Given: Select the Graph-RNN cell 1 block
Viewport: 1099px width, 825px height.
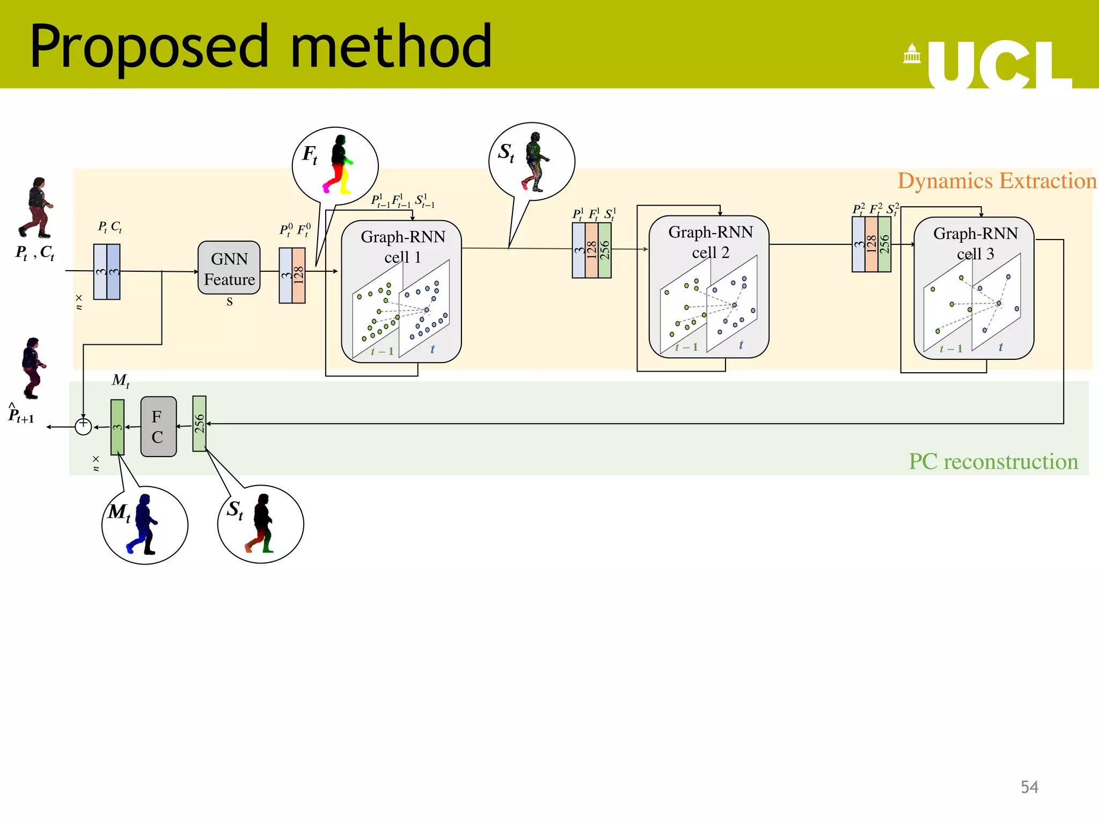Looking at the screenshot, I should pyautogui.click(x=401, y=291).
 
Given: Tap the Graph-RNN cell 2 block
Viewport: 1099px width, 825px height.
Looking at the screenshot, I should pyautogui.click(x=709, y=286).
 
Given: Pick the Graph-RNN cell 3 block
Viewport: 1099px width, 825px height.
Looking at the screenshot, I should pyautogui.click(x=974, y=288).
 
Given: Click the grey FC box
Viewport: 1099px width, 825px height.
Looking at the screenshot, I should pyautogui.click(x=158, y=426).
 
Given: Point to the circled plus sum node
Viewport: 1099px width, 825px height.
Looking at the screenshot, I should pyautogui.click(x=83, y=426).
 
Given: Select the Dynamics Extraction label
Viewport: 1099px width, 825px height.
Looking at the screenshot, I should pyautogui.click(x=997, y=181).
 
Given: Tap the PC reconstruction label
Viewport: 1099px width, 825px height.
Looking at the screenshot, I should pyautogui.click(x=993, y=461).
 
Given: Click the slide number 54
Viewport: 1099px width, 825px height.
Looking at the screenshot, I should pyautogui.click(x=1029, y=787).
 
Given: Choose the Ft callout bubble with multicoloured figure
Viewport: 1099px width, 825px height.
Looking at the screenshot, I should pyautogui.click(x=335, y=166).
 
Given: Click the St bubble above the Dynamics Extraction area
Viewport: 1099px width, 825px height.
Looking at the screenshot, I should pyautogui.click(x=532, y=162).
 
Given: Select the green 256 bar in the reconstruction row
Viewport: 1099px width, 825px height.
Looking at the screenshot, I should pyautogui.click(x=199, y=423).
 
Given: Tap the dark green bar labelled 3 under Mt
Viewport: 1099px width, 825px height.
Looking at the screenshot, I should pyautogui.click(x=118, y=427).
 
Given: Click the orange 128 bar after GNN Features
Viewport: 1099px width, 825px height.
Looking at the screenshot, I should pyautogui.click(x=299, y=275).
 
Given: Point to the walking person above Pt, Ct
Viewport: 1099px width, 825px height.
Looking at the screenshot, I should pyautogui.click(x=36, y=208).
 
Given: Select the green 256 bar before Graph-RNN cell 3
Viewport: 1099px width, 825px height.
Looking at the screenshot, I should pyautogui.click(x=884, y=244).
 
